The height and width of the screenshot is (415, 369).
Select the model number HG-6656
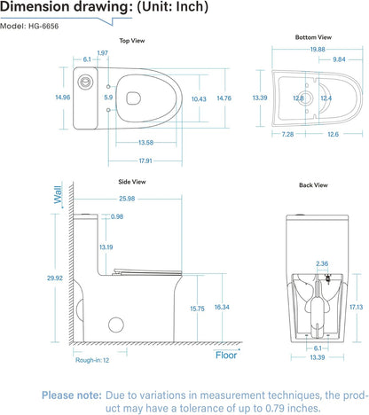click(50, 27)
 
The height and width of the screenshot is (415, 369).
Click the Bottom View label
click(313, 38)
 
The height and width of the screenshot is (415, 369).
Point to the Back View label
click(313, 185)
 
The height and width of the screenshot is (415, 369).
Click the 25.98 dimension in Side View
click(124, 198)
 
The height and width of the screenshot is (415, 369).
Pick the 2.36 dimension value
click(322, 263)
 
